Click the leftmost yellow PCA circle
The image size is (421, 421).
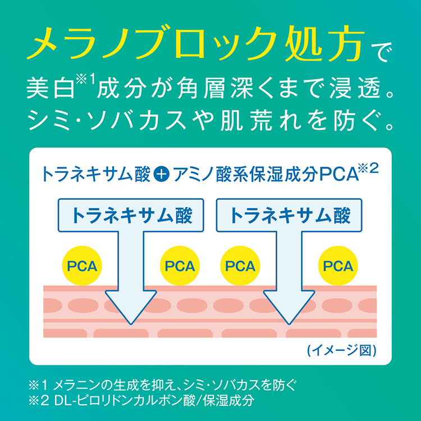(82, 266)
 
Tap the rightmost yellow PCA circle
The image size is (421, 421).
(338, 266)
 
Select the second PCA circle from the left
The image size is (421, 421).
(180, 266)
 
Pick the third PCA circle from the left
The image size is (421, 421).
(240, 266)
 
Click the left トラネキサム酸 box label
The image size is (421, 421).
(131, 216)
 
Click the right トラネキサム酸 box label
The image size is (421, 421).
(290, 216)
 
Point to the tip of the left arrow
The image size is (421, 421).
(131, 324)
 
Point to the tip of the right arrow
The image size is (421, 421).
(289, 324)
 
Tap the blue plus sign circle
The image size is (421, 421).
(162, 174)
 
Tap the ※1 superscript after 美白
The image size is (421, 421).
(85, 80)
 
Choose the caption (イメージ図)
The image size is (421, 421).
(341, 350)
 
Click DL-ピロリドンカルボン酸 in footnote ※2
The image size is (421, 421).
(125, 401)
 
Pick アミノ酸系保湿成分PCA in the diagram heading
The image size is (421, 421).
(266, 175)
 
